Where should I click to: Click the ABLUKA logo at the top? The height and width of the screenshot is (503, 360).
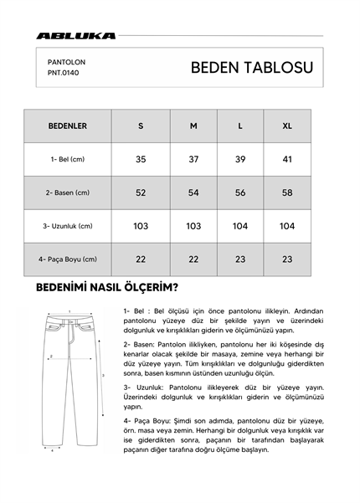[x=75, y=36]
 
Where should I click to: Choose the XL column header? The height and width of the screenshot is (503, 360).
[x=287, y=126]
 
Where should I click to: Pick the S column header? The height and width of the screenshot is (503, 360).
[x=141, y=126]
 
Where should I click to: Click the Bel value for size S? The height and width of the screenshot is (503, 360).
[x=141, y=159]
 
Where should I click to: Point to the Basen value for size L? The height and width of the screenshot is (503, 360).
[x=240, y=192]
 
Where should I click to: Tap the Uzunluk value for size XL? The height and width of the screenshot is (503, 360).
[x=287, y=226]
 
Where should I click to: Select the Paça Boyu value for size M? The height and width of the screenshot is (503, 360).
[x=193, y=259]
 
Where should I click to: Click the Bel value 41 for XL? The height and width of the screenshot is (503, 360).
[x=287, y=159]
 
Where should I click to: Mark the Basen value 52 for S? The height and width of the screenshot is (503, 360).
[x=141, y=192]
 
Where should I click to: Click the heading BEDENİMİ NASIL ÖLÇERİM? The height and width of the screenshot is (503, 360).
[x=105, y=289]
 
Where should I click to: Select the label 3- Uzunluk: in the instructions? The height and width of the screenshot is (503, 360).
[x=144, y=388]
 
